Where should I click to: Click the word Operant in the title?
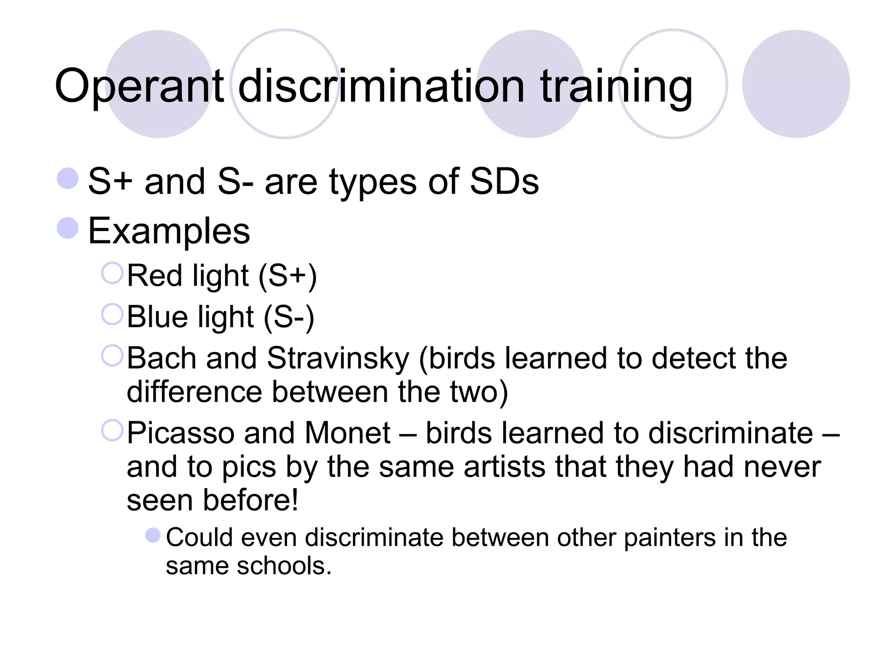(139, 86)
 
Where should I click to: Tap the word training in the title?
(616, 86)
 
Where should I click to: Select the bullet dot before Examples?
(68, 228)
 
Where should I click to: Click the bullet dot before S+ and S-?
(68, 179)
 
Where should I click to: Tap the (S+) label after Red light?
(288, 277)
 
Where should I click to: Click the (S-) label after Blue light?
(289, 318)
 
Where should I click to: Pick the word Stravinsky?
(338, 358)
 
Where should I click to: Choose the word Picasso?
(180, 433)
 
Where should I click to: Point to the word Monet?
(347, 433)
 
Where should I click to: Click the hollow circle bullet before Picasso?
(112, 430)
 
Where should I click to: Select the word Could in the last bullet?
(199, 537)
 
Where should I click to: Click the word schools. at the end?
(284, 566)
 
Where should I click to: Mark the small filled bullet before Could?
(153, 535)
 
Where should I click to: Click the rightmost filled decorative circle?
(796, 84)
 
